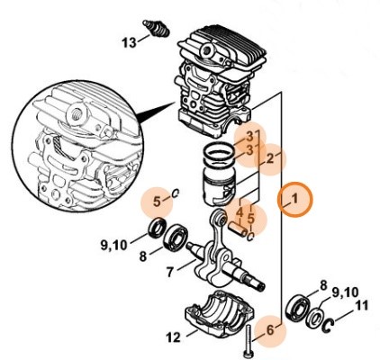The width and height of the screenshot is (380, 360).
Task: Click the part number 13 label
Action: pos(129,41)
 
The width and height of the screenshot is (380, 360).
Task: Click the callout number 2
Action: pos(268,158)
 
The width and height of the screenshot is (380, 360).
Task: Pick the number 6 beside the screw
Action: pos(269,332)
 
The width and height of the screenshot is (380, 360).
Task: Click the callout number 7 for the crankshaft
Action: pos(169,271)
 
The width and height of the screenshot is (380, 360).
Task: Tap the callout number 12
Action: pos(173,338)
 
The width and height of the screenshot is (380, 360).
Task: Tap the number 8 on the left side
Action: pos(142,256)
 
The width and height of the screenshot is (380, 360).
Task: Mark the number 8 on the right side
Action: pos(322,285)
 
